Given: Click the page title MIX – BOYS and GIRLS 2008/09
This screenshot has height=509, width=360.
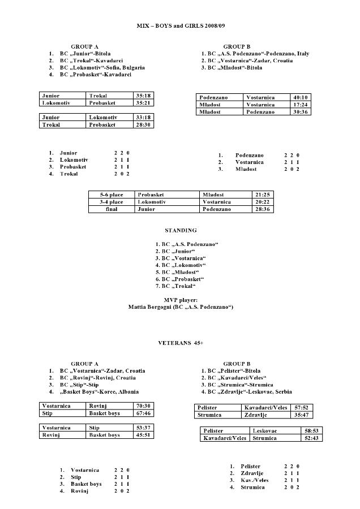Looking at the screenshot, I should click(x=181, y=26).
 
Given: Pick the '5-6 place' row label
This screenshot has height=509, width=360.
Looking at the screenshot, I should click(x=112, y=195).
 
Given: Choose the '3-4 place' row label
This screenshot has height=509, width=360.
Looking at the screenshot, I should click(x=112, y=202).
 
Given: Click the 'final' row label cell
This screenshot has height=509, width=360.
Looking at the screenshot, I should click(x=112, y=209).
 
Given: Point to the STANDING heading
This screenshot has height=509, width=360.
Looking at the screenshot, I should click(x=181, y=230).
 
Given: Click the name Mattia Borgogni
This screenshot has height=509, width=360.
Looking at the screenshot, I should click(x=150, y=307).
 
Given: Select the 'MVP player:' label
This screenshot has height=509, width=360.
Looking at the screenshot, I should click(x=181, y=300).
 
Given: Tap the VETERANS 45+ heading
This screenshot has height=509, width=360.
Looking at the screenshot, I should click(x=181, y=343).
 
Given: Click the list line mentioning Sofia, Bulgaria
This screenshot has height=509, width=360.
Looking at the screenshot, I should click(x=102, y=67).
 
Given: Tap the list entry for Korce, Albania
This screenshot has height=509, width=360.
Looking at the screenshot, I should click(x=98, y=391).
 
